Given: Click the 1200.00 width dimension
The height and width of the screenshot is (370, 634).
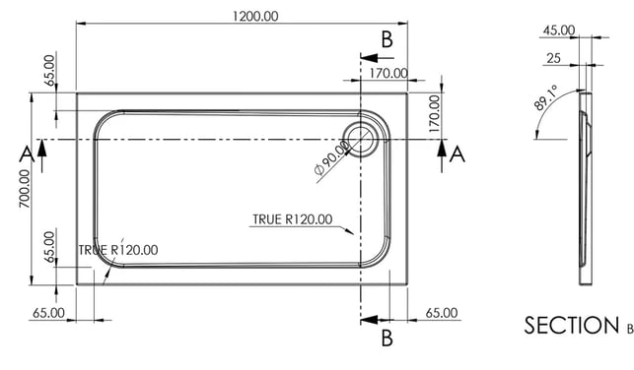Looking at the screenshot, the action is click(255, 16).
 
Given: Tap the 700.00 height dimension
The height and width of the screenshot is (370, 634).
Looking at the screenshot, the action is click(25, 188).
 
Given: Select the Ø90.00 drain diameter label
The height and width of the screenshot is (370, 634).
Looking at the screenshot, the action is click(331, 157).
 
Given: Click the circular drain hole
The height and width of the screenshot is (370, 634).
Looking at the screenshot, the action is click(360, 139).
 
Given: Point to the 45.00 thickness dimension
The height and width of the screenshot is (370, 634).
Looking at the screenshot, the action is click(559, 31).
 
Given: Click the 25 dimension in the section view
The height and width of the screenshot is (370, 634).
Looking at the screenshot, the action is click(553, 58).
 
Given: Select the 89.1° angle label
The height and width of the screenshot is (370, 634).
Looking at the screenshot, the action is click(546, 97).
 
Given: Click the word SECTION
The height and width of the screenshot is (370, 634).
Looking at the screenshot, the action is click(571, 325).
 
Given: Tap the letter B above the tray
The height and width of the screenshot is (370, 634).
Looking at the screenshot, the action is click(387, 39).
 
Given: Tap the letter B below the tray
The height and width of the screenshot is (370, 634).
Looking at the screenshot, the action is click(387, 339).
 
